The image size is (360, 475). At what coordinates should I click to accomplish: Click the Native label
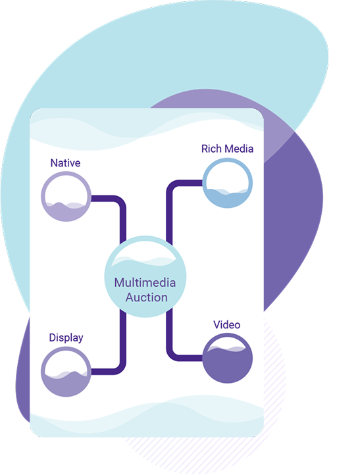(x=65, y=163)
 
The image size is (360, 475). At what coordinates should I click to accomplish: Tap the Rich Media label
(x=227, y=149)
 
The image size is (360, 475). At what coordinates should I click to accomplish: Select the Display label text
(x=66, y=337)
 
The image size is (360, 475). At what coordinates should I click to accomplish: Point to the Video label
(x=226, y=325)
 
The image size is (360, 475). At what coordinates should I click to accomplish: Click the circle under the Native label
(x=43, y=196)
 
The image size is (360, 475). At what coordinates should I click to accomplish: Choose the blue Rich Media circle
(x=204, y=183)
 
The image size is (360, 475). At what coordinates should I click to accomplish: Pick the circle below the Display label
(x=43, y=372)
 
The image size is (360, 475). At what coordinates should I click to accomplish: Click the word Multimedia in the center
(x=145, y=283)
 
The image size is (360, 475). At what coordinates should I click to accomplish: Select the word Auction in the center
(x=146, y=297)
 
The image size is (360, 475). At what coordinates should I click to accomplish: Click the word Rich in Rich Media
(x=211, y=149)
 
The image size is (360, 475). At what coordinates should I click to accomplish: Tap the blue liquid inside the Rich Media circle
(x=227, y=199)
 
